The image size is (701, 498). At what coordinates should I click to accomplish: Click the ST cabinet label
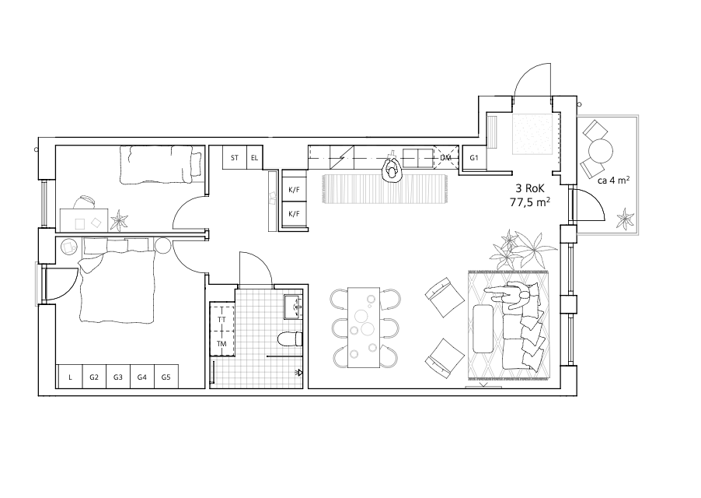[235, 158]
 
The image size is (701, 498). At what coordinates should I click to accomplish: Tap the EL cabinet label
[254, 158]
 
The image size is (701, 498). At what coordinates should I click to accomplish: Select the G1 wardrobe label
[474, 158]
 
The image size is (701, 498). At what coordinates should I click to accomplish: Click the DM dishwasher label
[445, 158]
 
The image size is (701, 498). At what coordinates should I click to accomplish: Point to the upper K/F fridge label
[295, 190]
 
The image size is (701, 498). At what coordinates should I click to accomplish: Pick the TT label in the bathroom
[221, 320]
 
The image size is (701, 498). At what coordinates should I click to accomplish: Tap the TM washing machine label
[221, 344]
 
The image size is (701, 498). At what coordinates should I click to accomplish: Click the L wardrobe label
[70, 377]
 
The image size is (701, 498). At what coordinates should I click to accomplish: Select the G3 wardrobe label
[117, 377]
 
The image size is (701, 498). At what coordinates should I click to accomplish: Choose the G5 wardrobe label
[166, 377]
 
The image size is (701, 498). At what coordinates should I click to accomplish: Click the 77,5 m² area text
[530, 202]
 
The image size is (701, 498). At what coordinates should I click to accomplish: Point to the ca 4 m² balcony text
[613, 181]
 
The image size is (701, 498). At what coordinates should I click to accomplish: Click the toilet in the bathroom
[290, 339]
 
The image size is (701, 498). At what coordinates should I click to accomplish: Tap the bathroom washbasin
[293, 307]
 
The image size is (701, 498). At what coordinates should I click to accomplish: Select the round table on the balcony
[601, 151]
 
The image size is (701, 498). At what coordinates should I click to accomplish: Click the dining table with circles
[364, 328]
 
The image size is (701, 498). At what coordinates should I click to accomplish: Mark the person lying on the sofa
[513, 296]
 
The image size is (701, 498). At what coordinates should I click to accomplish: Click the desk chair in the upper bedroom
[84, 202]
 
